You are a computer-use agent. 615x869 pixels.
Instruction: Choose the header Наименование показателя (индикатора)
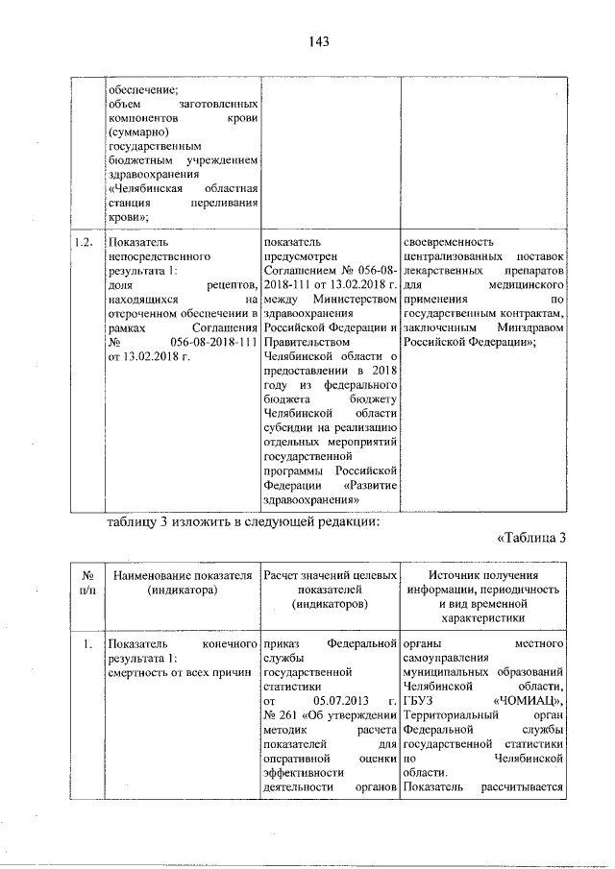click(x=183, y=582)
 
